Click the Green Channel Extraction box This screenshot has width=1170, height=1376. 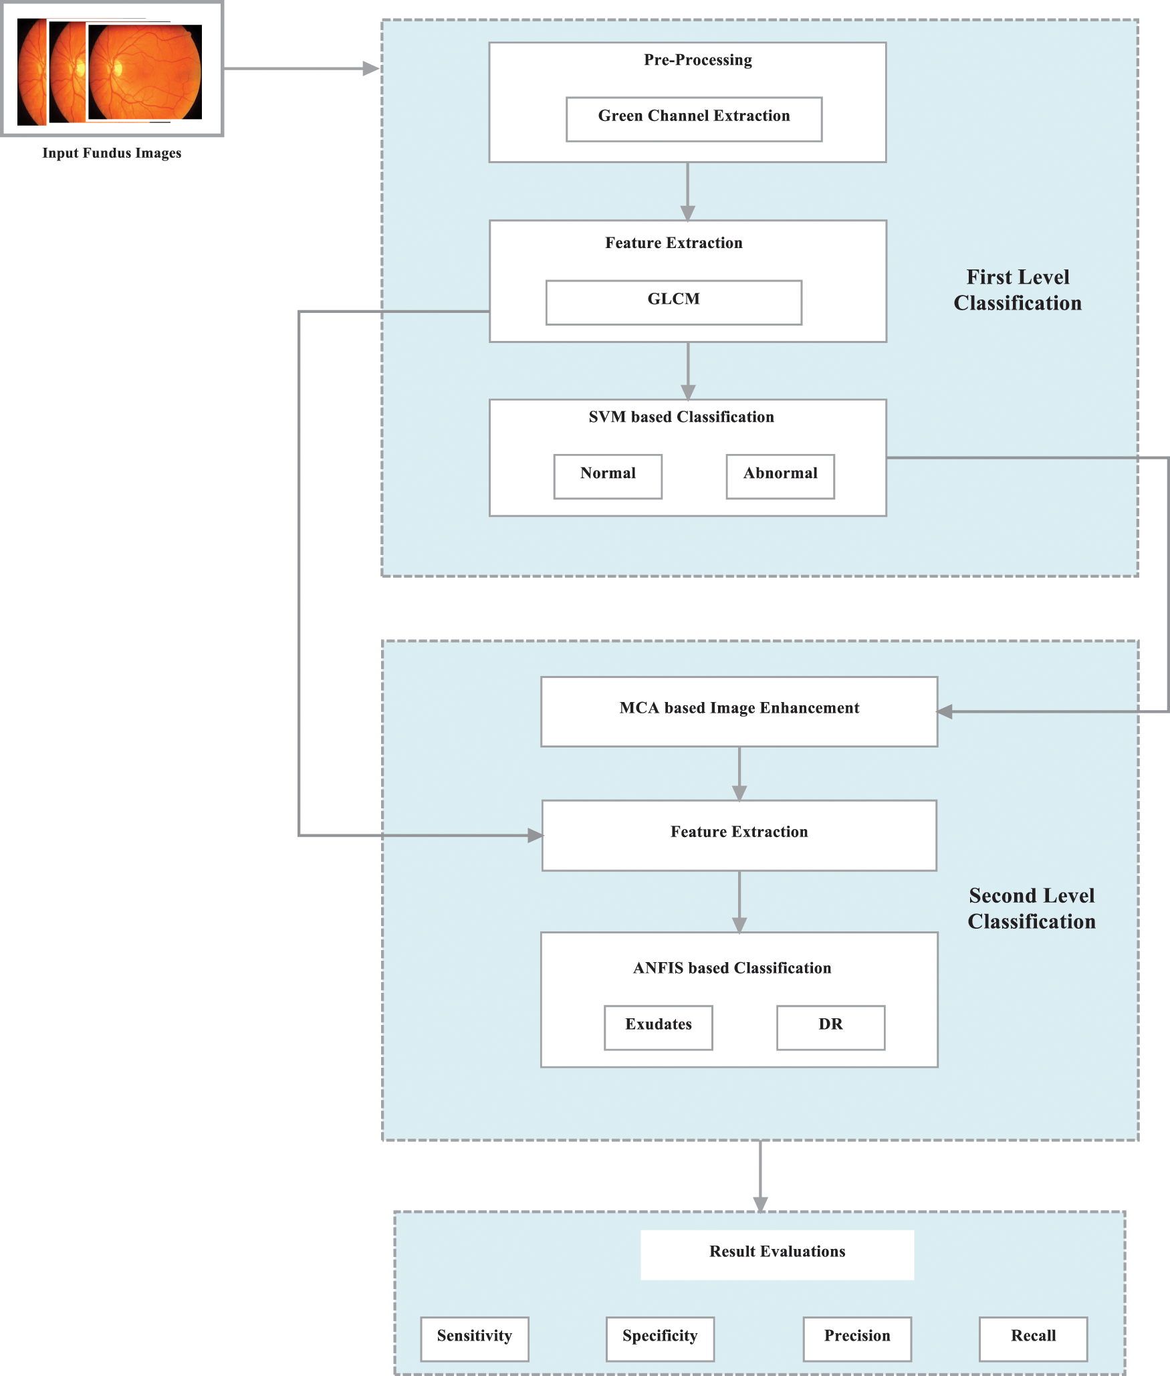click(x=693, y=118)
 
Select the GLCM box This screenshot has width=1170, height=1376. click(x=673, y=302)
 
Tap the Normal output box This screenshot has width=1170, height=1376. click(x=607, y=476)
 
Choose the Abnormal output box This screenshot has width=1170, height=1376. click(x=780, y=476)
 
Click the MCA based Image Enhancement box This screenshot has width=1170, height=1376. click(x=739, y=711)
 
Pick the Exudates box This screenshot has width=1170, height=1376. click(x=658, y=1027)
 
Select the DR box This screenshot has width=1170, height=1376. click(x=830, y=1027)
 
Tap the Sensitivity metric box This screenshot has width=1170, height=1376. click(x=474, y=1339)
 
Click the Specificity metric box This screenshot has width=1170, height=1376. click(x=659, y=1339)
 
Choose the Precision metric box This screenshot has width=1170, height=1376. click(x=856, y=1339)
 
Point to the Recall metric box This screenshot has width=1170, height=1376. click(x=1032, y=1339)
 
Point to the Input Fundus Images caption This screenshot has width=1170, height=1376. click(x=112, y=153)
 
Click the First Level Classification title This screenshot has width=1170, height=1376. click(x=1017, y=290)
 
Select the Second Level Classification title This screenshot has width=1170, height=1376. click(x=1031, y=908)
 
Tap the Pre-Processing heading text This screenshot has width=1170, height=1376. click(x=697, y=60)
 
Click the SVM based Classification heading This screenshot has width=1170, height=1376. click(x=681, y=417)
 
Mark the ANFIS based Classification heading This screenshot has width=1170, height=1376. click(x=731, y=968)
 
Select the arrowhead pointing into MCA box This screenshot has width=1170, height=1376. click(x=945, y=711)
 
